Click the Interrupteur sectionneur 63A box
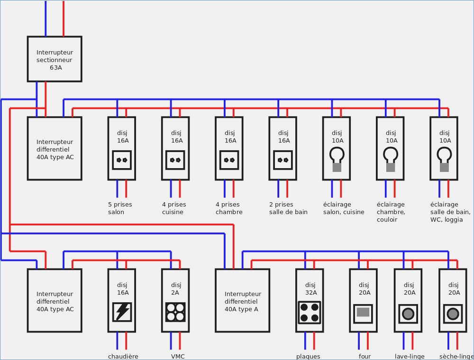point(55,59)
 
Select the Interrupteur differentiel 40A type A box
point(242,300)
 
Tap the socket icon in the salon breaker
point(122,160)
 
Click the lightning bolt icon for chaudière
point(122,312)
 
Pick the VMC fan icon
point(175,312)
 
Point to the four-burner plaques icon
point(310,312)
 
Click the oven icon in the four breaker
point(363,313)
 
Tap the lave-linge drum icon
point(408,314)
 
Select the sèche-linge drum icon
point(453,314)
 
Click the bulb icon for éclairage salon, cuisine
point(337,159)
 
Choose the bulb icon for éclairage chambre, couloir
point(391,159)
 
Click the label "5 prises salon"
point(120,208)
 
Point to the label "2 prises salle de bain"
point(288,208)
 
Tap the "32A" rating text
point(310,293)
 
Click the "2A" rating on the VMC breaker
point(175,293)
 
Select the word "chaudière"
point(123,356)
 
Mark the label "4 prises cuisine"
point(174,208)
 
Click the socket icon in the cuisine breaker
point(175,160)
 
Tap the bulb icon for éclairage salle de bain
point(444,159)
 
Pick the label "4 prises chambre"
point(229,208)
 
